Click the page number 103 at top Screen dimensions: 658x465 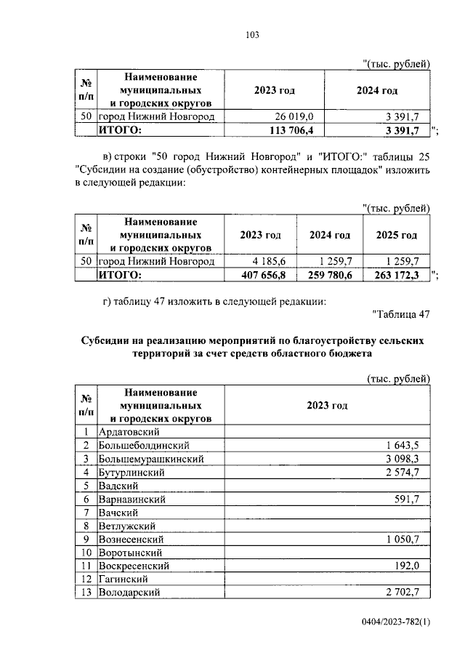[x=232, y=35]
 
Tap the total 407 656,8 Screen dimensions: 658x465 [x=267, y=275]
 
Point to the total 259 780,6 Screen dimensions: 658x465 [x=331, y=275]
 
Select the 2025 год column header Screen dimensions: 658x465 [x=397, y=235]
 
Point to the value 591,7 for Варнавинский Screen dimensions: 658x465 [x=411, y=499]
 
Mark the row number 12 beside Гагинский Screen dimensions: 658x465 [x=86, y=579]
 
